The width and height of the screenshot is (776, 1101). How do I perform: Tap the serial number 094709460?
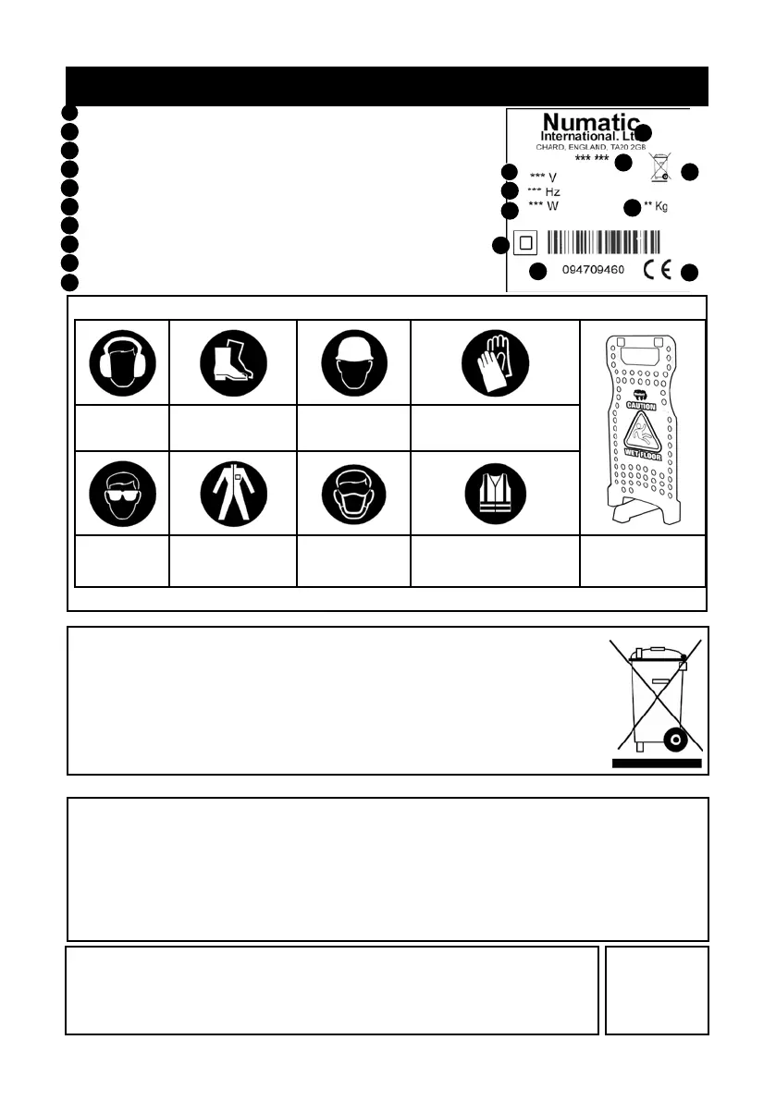594,271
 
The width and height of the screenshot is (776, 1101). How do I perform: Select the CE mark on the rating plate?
658,270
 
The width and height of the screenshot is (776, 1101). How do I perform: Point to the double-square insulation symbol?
525,243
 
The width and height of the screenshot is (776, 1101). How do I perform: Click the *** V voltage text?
543,177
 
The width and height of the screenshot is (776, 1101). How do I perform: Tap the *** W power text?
544,206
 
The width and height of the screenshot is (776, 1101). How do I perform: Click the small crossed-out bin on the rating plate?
659,167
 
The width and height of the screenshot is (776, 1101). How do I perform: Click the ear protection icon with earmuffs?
122,363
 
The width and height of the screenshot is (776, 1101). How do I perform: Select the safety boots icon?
232,363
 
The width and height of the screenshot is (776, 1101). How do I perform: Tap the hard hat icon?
353,363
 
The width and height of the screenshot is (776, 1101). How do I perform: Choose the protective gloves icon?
495,363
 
